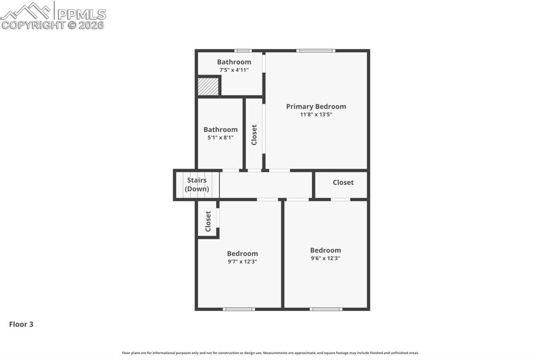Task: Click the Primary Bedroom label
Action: (x=316, y=107)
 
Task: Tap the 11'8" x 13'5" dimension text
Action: (x=316, y=115)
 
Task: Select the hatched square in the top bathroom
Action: (x=208, y=87)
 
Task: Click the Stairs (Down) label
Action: (x=197, y=185)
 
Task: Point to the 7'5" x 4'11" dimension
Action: (x=234, y=70)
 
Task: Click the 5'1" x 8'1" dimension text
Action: (x=220, y=138)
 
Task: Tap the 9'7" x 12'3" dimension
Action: (x=242, y=261)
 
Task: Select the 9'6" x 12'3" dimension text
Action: (x=325, y=258)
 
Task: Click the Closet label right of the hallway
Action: (x=343, y=183)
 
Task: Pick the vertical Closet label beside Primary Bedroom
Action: (x=254, y=135)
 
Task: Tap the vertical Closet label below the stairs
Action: (x=208, y=221)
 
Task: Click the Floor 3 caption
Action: (x=21, y=325)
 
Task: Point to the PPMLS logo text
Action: (x=81, y=14)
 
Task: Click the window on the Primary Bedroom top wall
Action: (x=315, y=51)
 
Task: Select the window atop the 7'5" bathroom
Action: (x=243, y=51)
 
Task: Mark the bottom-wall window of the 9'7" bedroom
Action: (x=239, y=309)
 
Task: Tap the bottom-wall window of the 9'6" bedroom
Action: (x=325, y=309)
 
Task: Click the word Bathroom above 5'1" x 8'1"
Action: (x=220, y=130)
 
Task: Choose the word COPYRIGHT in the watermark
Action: (x=33, y=25)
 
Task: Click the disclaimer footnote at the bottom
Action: (x=270, y=353)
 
